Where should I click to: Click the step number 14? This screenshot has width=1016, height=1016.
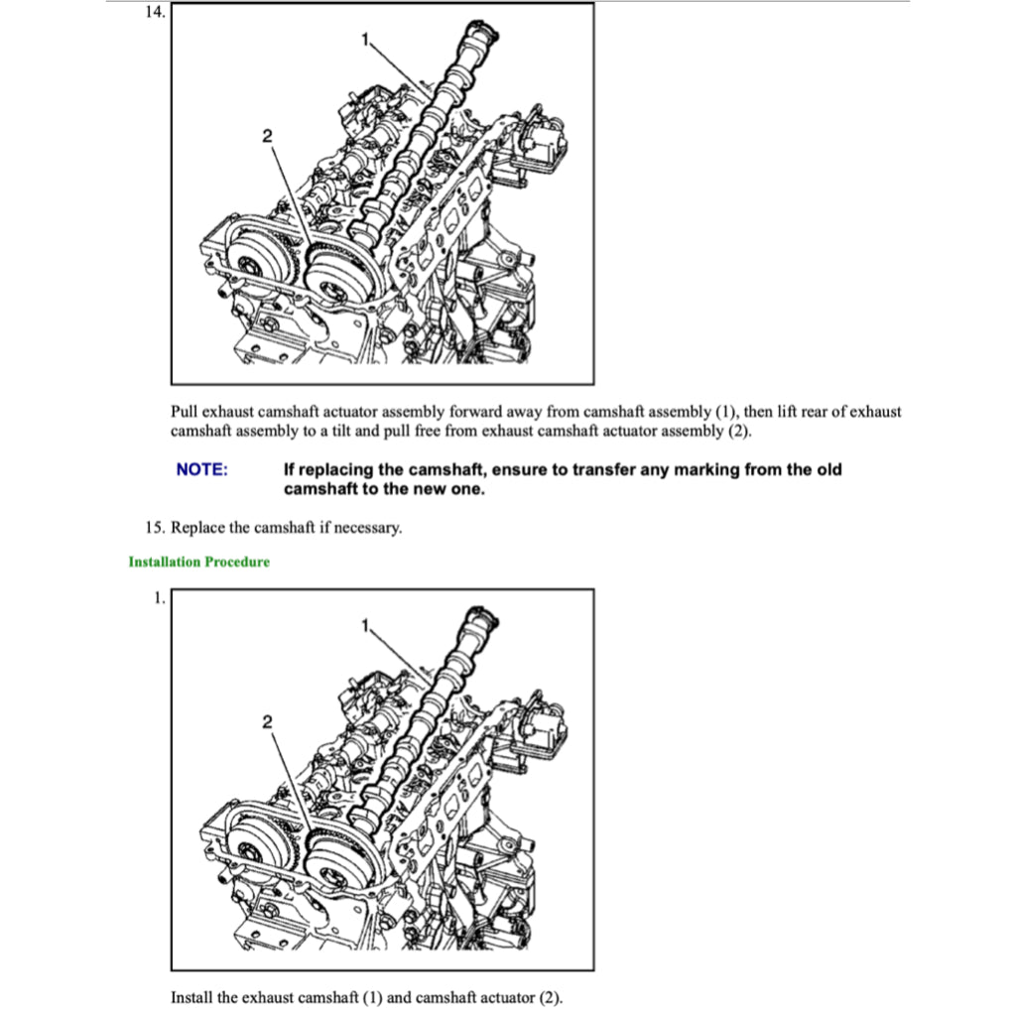(154, 12)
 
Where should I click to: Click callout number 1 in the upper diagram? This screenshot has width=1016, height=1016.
(364, 40)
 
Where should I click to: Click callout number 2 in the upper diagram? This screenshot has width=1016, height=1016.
(266, 137)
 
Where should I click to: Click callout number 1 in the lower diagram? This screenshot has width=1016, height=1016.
(364, 625)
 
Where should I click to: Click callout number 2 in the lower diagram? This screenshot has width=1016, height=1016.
(266, 722)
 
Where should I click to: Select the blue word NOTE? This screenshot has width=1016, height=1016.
(201, 469)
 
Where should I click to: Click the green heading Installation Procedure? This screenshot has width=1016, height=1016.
(198, 563)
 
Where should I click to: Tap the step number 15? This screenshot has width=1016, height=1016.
(155, 528)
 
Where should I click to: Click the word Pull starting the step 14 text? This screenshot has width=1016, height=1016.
(185, 412)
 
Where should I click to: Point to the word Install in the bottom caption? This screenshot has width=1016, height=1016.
(191, 997)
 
